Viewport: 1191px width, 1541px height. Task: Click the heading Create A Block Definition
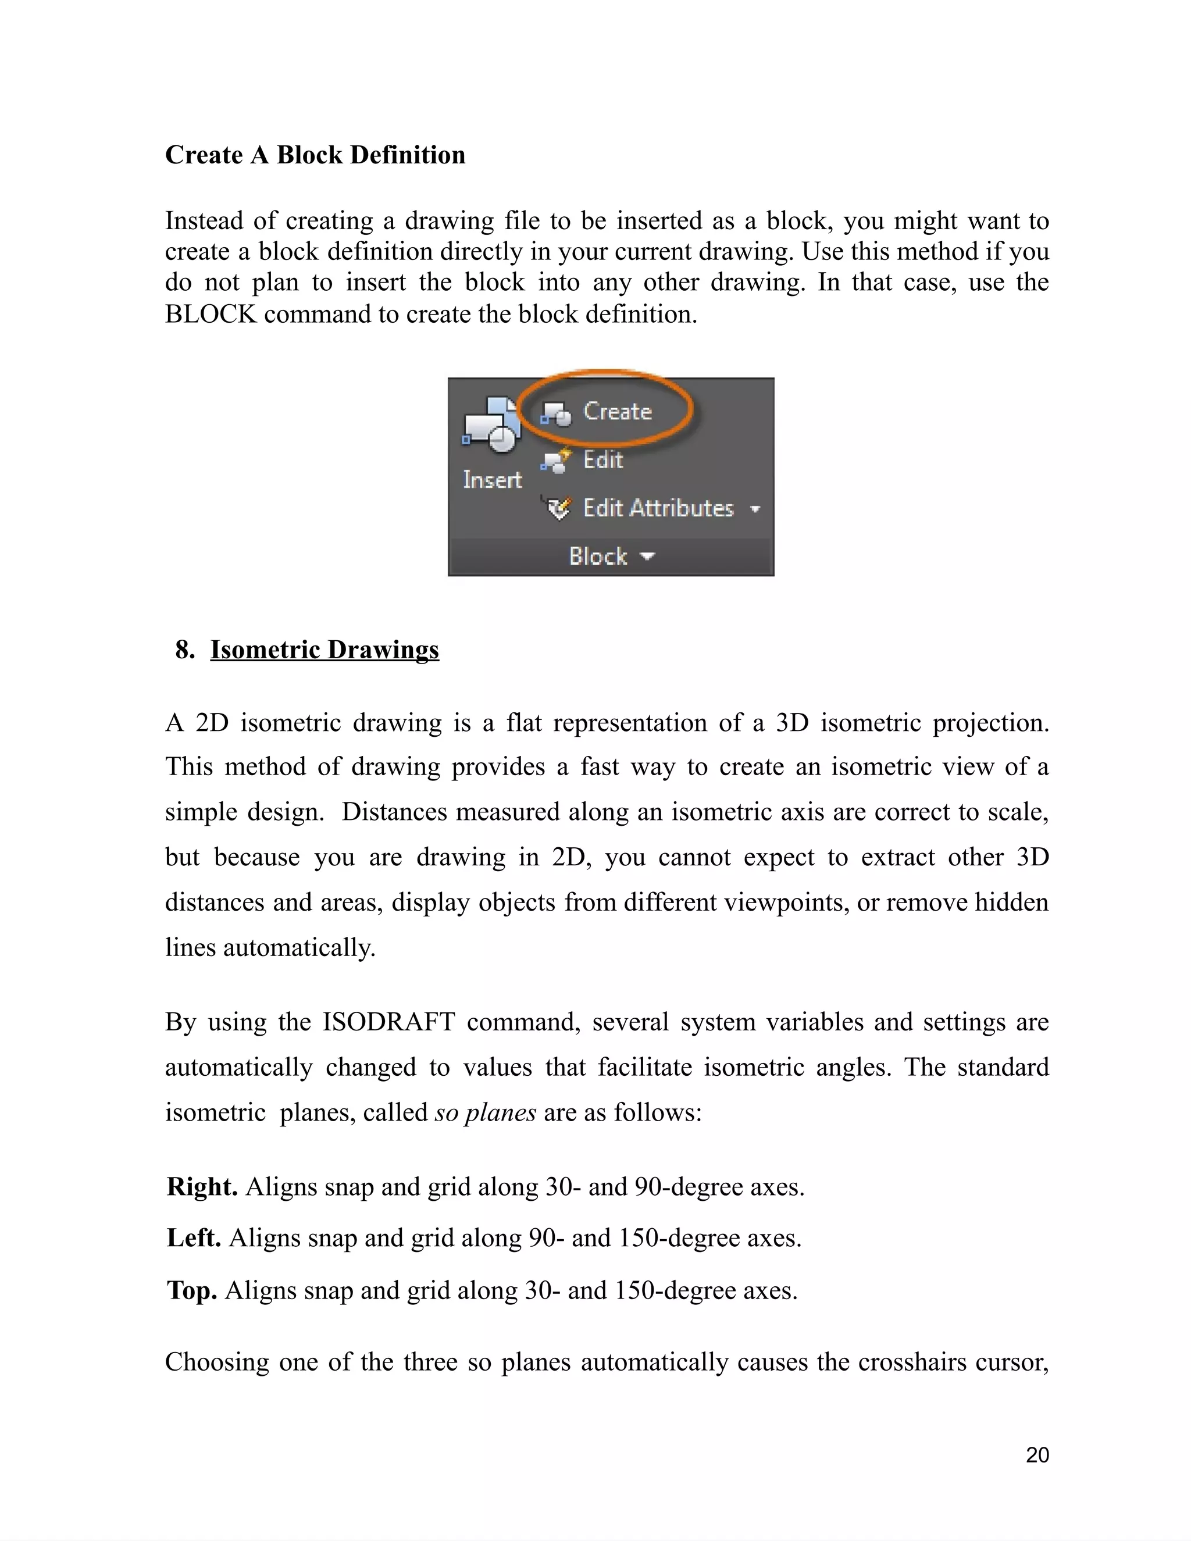315,155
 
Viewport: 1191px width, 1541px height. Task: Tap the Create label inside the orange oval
616,411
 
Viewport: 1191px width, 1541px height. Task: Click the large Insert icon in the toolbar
492,426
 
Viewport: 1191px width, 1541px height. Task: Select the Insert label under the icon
492,480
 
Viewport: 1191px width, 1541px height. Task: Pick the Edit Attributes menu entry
658,508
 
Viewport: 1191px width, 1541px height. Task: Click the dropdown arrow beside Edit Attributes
755,509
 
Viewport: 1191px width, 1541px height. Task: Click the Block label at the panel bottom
598,556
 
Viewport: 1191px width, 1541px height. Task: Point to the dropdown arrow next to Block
647,556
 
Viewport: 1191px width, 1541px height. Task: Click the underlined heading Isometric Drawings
325,649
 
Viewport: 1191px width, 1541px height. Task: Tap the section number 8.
185,649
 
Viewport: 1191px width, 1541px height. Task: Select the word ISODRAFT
389,1021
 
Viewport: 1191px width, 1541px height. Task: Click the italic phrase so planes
486,1112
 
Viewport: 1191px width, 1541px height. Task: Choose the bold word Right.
202,1187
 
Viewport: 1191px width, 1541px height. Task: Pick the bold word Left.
193,1237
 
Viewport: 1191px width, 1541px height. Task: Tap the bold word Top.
191,1290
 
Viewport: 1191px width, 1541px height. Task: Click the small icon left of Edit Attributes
557,508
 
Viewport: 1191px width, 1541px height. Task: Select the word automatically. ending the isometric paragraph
299,947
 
